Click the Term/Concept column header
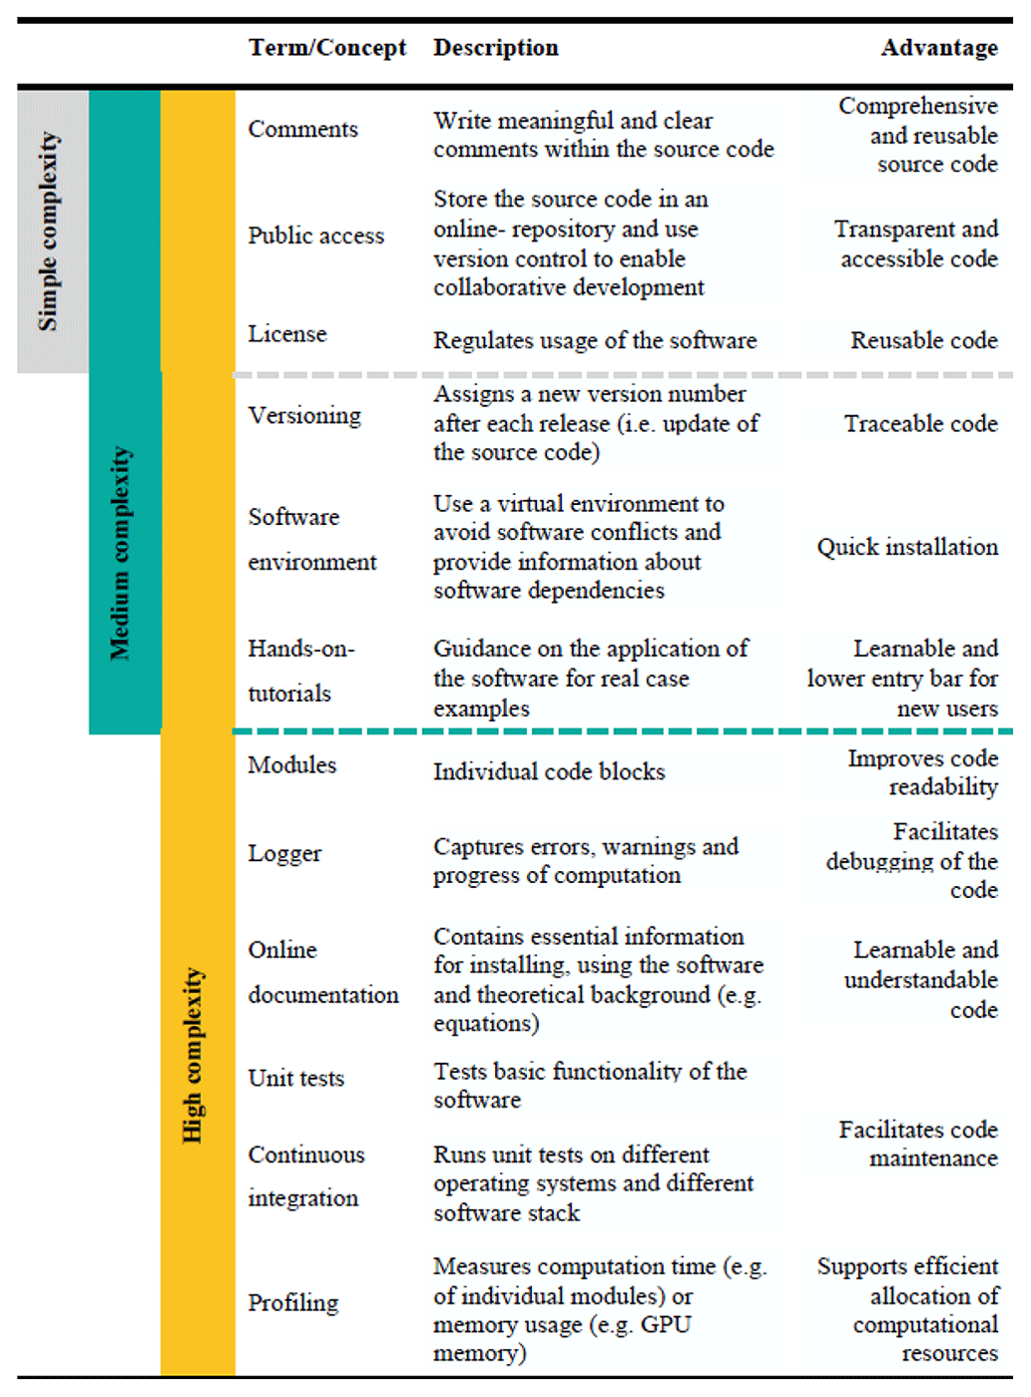tap(326, 48)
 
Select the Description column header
tap(495, 48)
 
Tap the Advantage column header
tap(938, 48)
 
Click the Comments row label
tap(302, 130)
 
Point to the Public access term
tap(315, 235)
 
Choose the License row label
tap(287, 334)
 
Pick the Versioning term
tap(304, 416)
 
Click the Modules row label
tap(292, 765)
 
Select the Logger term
tap(284, 854)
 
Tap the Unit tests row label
tap(295, 1079)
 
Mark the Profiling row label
tap(292, 1303)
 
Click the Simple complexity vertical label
tap(48, 232)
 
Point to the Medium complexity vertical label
tap(121, 553)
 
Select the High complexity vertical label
tap(193, 1056)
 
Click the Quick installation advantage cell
tap(907, 548)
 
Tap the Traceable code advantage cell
tap(920, 424)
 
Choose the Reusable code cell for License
tap(923, 341)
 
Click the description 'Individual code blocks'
tap(548, 772)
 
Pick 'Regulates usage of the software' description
tap(594, 341)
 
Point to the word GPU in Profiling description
tap(666, 1325)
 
